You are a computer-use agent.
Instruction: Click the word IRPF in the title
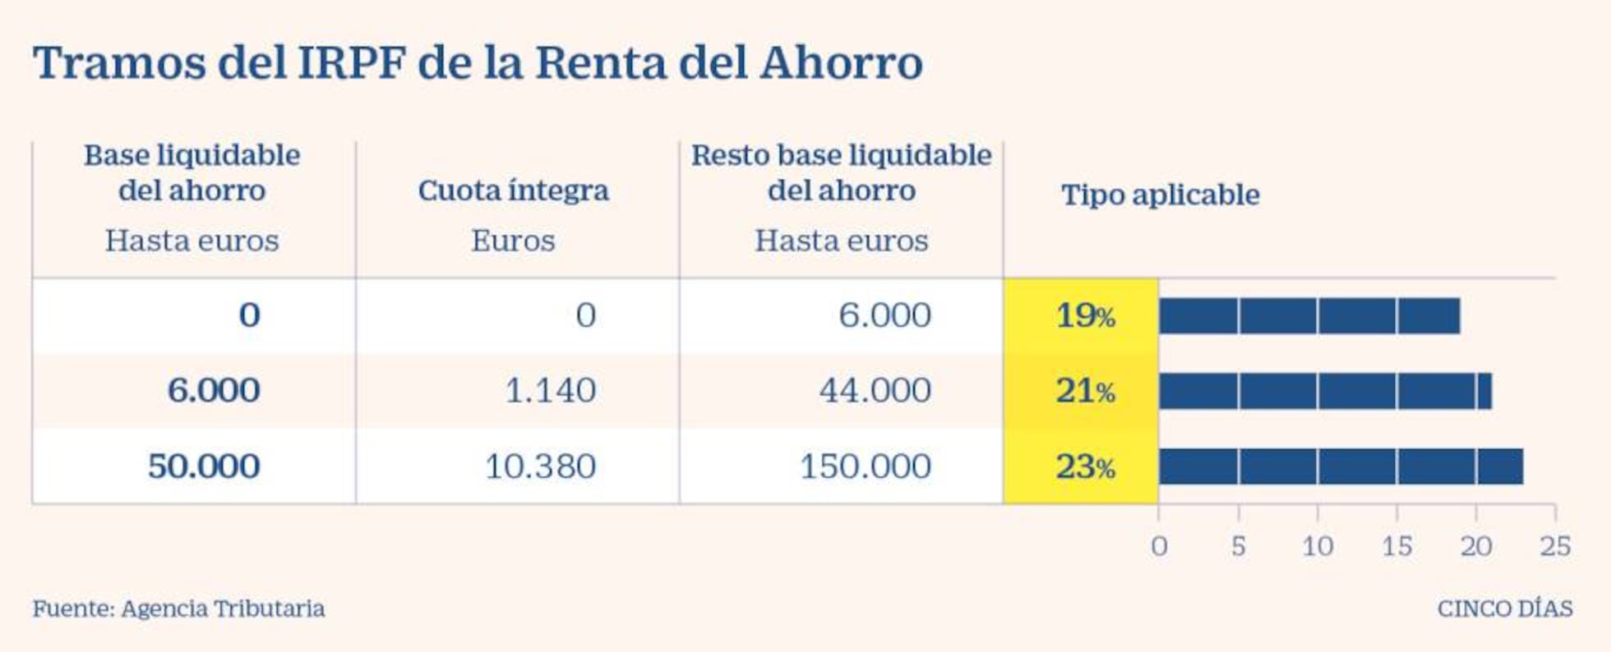351,62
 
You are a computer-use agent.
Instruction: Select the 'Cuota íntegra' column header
513,191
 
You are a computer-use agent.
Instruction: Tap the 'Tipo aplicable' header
1160,195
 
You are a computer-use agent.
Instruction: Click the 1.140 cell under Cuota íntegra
550,390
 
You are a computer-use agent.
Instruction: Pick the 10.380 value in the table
540,466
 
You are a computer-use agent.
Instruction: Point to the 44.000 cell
875,390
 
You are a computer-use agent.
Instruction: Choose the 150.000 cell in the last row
865,466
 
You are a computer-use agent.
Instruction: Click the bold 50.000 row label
204,466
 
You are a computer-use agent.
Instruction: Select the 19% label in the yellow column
1084,315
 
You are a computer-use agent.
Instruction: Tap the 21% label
1084,391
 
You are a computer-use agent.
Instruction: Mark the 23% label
1084,467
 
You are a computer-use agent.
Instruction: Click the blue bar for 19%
1309,316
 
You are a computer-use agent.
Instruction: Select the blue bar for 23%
1340,466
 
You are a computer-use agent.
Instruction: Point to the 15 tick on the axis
1396,546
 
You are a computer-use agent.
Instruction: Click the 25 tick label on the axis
1554,546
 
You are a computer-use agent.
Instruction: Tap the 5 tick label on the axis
1238,546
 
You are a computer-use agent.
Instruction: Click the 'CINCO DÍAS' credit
1504,608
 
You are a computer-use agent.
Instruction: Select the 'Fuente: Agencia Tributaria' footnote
178,608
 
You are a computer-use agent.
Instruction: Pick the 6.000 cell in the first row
884,315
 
